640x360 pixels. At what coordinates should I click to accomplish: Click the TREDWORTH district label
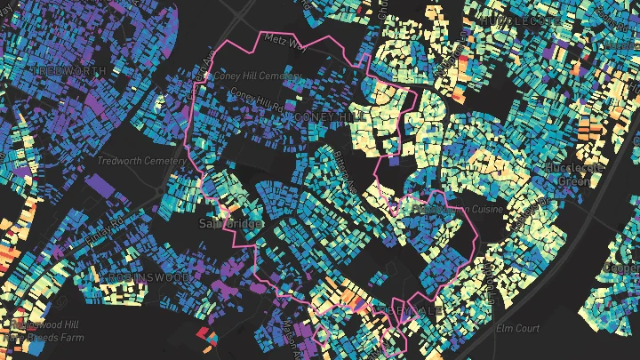[69, 70]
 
